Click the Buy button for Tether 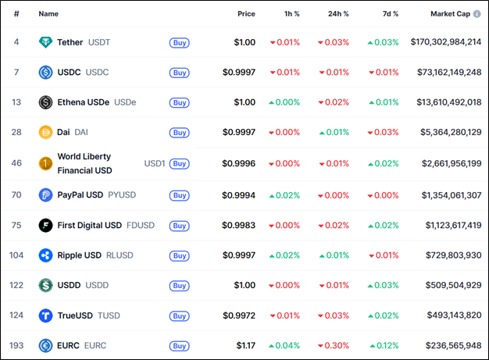pos(179,42)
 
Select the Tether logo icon pos(45,42)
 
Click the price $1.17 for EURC pos(245,345)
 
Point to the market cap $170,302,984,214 pos(445,42)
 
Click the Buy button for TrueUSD pos(179,315)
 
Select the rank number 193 pos(16,345)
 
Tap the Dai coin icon pos(45,133)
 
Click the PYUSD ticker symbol pos(122,194)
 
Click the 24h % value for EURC pos(334,345)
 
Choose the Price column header pos(246,14)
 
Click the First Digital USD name pos(89,225)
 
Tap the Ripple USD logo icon pos(45,255)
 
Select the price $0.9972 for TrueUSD pos(238,315)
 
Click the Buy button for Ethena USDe pos(179,102)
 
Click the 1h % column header pos(291,14)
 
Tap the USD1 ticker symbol pos(155,164)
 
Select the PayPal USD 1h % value pos(284,194)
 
